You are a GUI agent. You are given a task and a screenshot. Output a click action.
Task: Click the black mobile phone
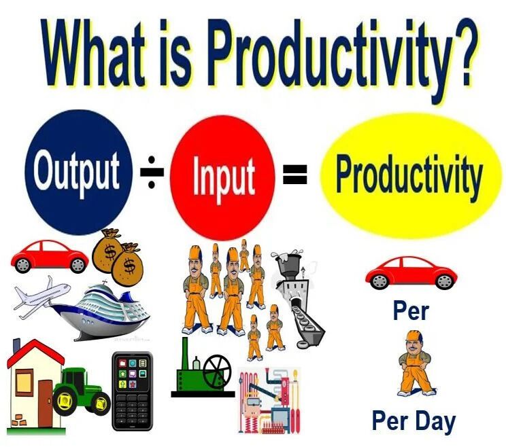(132, 390)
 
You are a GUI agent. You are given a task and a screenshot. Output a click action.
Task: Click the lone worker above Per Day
(414, 362)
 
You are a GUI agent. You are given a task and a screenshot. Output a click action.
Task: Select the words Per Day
(413, 420)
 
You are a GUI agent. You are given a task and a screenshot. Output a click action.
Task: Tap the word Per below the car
(411, 311)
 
